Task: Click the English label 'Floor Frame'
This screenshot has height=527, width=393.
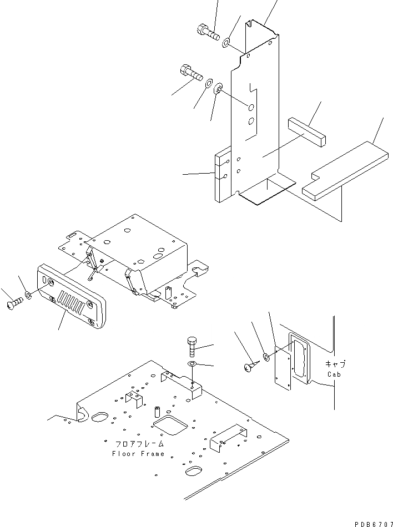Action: (138, 454)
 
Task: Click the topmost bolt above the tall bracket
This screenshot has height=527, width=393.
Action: (206, 31)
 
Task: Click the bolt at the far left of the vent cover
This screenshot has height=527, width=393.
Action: (15, 303)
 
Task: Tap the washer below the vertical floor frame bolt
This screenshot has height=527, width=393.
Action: (192, 364)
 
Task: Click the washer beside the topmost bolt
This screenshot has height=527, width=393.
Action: (228, 42)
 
